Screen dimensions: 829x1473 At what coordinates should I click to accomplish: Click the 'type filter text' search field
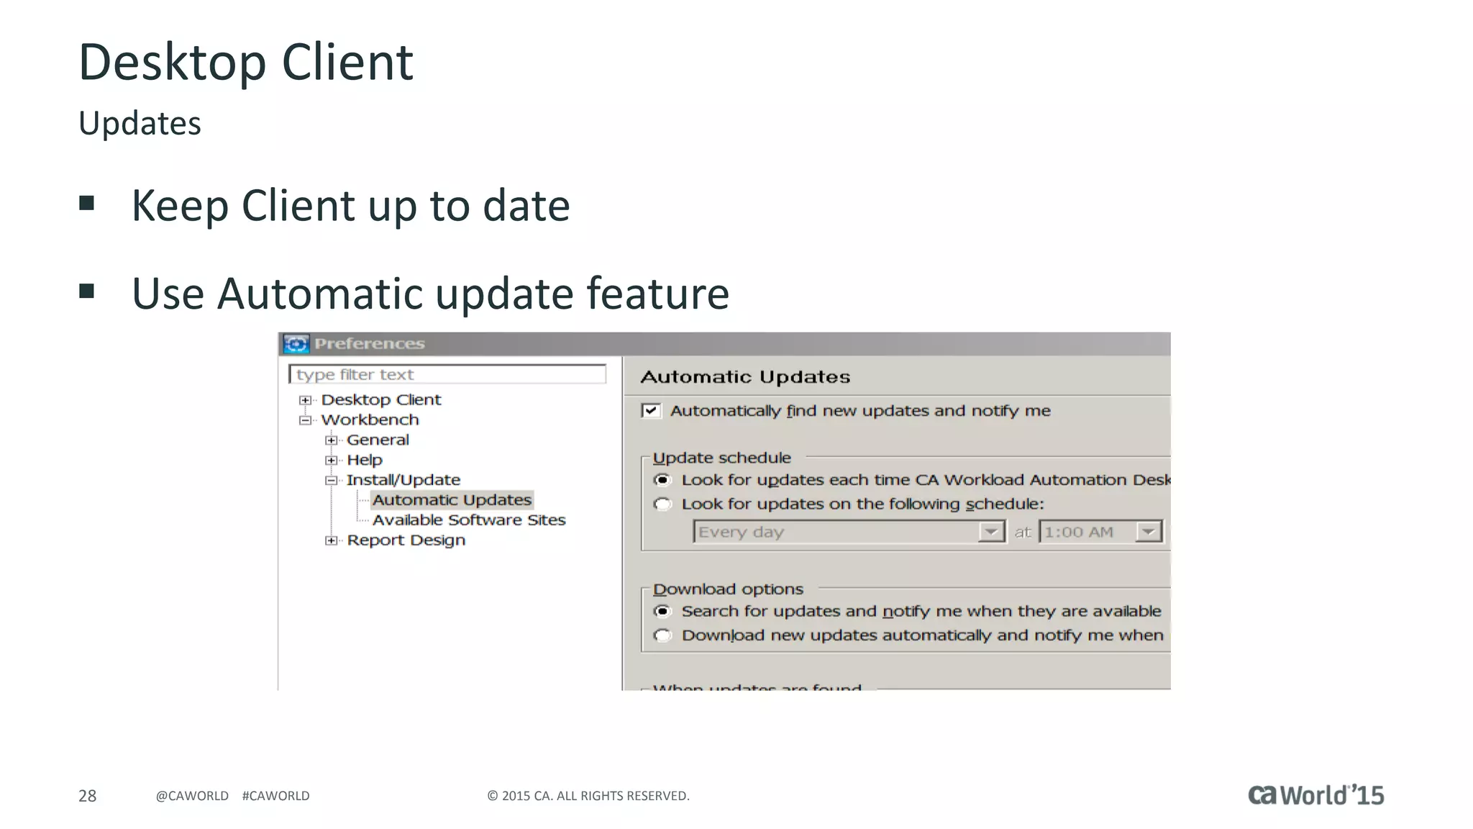(447, 374)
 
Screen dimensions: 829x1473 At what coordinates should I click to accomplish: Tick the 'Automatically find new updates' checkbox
(651, 411)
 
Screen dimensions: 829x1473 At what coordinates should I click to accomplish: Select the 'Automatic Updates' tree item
(452, 499)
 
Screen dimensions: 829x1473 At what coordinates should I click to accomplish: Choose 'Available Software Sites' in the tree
(469, 520)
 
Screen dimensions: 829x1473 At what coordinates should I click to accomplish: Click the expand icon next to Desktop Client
(305, 400)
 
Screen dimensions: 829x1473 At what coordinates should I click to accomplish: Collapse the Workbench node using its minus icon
(305, 420)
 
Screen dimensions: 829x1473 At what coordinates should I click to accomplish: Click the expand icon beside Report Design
(331, 540)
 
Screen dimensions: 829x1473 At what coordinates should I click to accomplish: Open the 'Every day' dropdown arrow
(991, 532)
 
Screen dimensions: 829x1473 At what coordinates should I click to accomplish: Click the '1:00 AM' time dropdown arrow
(1149, 532)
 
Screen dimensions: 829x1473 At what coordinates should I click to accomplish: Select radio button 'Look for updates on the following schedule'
(662, 504)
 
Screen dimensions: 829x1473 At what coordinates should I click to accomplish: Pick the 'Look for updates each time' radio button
(662, 480)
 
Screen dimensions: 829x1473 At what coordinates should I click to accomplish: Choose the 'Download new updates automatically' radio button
(662, 635)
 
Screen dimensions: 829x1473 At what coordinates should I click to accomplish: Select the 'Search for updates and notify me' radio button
(662, 612)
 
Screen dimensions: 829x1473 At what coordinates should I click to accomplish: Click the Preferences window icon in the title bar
(296, 344)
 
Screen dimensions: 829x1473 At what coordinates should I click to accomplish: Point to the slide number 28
(87, 796)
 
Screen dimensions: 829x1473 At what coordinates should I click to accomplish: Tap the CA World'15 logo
(1315, 794)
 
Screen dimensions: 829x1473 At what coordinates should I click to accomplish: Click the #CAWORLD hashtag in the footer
(275, 796)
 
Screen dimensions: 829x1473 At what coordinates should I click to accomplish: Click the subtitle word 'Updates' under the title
(140, 124)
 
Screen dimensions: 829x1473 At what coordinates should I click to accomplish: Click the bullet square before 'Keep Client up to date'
(87, 204)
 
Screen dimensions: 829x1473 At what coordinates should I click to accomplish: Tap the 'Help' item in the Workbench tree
(365, 460)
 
